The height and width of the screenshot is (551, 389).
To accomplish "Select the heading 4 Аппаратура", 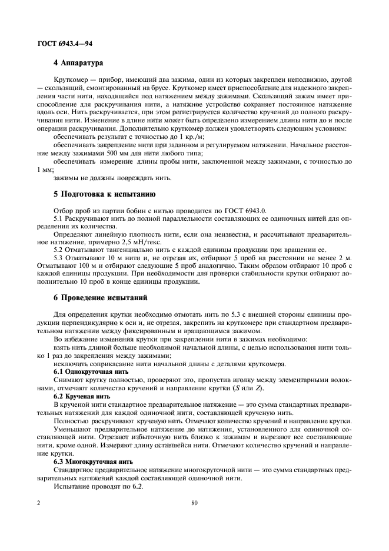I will (78, 62).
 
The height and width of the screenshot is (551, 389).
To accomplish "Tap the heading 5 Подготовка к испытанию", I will (104, 194).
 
